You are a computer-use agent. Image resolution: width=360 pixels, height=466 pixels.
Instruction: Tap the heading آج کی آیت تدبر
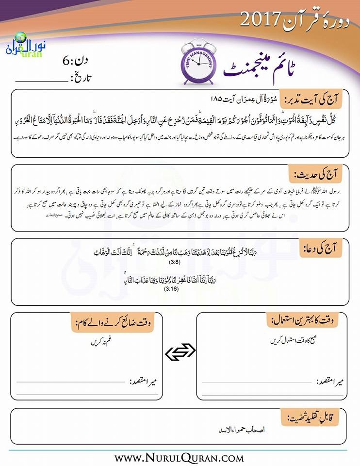pyautogui.click(x=316, y=100)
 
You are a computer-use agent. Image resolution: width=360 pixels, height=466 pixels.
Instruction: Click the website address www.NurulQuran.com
pyautogui.click(x=179, y=457)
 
